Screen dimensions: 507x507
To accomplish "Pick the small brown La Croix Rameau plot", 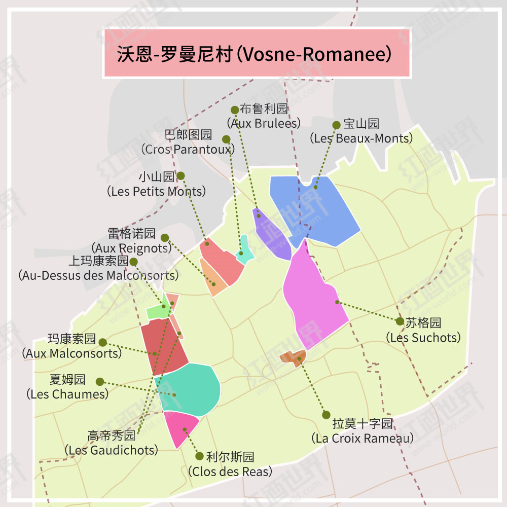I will tap(293, 357).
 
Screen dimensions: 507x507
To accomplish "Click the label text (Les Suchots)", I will tap(423, 337).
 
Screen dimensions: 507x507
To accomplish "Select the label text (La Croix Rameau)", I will tap(362, 438).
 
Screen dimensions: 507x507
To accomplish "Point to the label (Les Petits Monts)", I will tap(157, 191).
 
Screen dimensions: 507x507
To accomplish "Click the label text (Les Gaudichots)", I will tap(112, 450).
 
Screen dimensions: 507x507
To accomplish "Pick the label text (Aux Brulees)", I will tap(264, 123).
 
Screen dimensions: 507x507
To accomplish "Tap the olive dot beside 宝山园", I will tap(336, 125).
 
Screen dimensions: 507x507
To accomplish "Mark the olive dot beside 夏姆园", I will tap(100, 382).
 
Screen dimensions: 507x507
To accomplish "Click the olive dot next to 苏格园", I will tap(400, 321).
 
